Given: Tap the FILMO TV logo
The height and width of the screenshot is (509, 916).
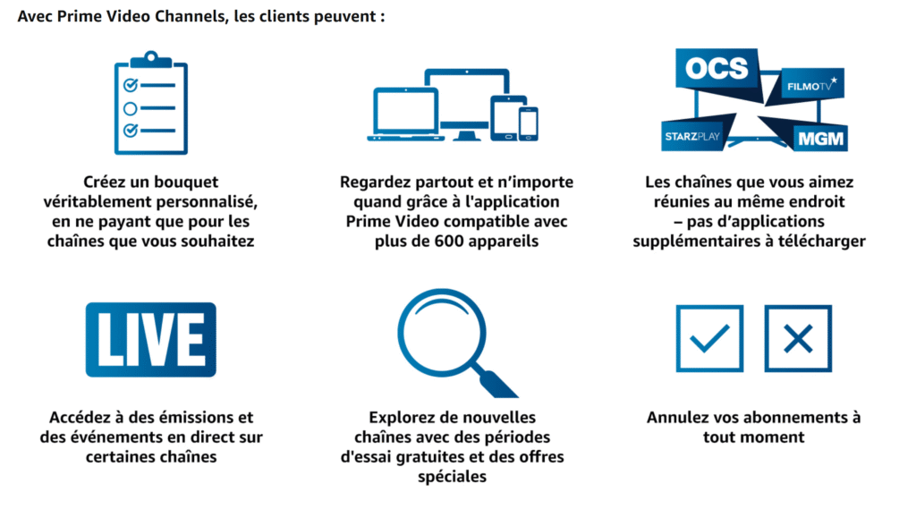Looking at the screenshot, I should point(811,85).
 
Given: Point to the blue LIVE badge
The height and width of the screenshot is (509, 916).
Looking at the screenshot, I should point(150,339).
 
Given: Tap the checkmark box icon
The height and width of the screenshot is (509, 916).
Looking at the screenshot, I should point(709,339).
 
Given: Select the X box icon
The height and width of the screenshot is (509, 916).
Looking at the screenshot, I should point(798,339).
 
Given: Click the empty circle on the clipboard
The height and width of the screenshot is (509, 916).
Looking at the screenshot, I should point(131,108).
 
